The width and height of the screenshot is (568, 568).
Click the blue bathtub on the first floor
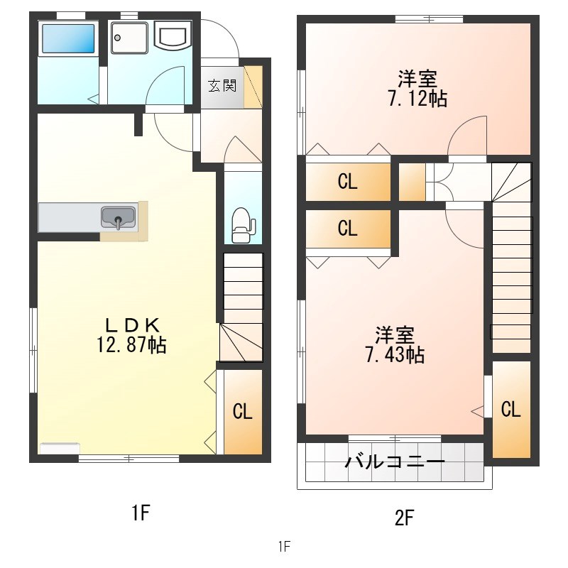tap(68, 38)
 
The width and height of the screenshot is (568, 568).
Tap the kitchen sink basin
tap(119, 217)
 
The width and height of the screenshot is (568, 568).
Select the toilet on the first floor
tap(244, 225)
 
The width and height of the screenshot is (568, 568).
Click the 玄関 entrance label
tap(222, 85)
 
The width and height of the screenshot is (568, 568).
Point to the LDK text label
tap(132, 325)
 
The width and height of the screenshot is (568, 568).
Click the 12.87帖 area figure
tap(131, 344)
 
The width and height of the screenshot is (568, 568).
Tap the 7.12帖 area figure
tap(417, 98)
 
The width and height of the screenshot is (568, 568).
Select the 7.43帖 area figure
tap(395, 354)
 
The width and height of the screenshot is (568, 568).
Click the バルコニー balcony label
tap(395, 462)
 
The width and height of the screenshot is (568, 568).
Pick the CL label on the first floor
tap(242, 412)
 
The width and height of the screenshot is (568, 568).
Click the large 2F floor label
tap(404, 518)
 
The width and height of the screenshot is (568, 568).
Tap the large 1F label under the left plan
tap(141, 513)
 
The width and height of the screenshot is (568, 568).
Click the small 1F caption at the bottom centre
tap(285, 546)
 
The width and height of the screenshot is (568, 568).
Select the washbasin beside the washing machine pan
tap(173, 35)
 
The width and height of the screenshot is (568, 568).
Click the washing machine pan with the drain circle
tap(130, 38)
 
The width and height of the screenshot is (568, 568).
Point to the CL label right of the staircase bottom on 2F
tap(510, 410)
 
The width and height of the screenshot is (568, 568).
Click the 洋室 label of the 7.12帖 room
tap(417, 78)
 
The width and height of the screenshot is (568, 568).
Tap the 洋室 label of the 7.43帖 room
tap(395, 334)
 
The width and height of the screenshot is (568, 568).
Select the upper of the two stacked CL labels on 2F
tap(347, 182)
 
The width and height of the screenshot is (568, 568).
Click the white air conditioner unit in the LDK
tap(60, 448)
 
